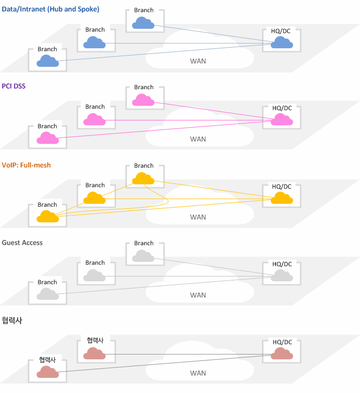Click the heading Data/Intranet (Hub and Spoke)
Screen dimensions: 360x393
50,9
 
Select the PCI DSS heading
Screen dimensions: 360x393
14,86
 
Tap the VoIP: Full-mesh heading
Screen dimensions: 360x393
26,165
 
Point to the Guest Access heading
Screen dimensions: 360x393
22,243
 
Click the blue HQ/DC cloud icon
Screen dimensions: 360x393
282,42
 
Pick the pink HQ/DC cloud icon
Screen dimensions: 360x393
282,119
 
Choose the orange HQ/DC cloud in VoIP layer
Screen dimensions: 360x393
282,198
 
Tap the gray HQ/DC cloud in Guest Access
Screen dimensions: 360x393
282,275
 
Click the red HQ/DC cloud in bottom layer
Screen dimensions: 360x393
282,354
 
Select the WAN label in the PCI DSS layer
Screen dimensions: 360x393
198,139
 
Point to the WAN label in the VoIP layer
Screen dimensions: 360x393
198,217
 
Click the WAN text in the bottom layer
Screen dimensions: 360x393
198,373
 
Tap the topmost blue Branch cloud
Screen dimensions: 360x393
143,23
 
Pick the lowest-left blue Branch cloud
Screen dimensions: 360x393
48,61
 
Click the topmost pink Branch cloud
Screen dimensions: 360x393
143,100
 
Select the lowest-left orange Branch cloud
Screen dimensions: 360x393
48,216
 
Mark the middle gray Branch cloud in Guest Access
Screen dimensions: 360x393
94,275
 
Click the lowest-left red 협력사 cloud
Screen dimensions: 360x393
48,372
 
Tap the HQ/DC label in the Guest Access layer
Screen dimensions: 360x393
282,264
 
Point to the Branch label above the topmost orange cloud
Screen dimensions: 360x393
143,166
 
